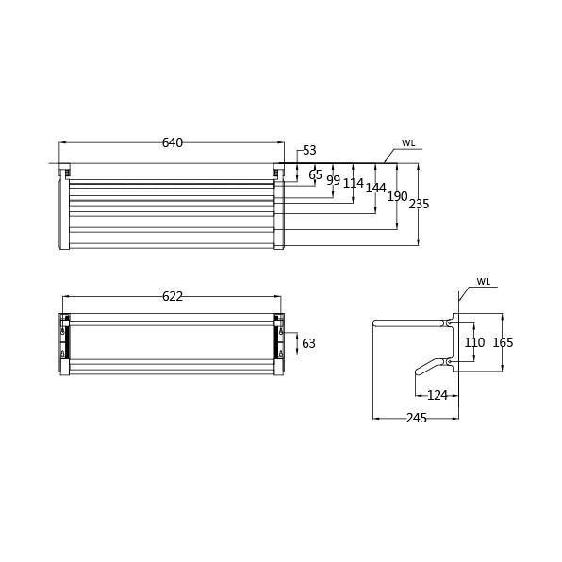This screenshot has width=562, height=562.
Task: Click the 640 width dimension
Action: coord(173,142)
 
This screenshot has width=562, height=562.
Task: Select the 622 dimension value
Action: coord(173,296)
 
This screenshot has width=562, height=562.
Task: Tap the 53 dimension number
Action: coord(309,150)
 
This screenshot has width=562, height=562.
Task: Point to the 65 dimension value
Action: coord(315,175)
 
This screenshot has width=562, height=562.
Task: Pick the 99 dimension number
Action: coord(333,180)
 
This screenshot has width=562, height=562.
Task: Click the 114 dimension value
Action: coord(354,183)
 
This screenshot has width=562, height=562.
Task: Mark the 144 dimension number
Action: coord(375,188)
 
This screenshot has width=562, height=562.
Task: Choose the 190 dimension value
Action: coord(398,196)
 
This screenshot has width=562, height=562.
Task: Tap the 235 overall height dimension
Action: coord(419,204)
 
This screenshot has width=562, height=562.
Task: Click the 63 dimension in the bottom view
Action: coord(308,343)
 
